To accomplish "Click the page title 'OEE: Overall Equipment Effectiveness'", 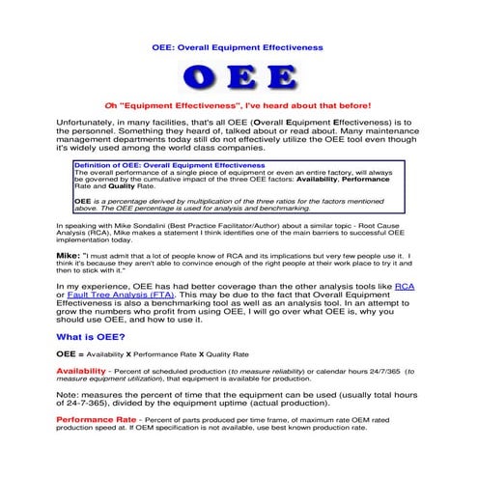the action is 238,46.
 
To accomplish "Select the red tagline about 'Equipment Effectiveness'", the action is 238,105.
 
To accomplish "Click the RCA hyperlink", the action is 406,287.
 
